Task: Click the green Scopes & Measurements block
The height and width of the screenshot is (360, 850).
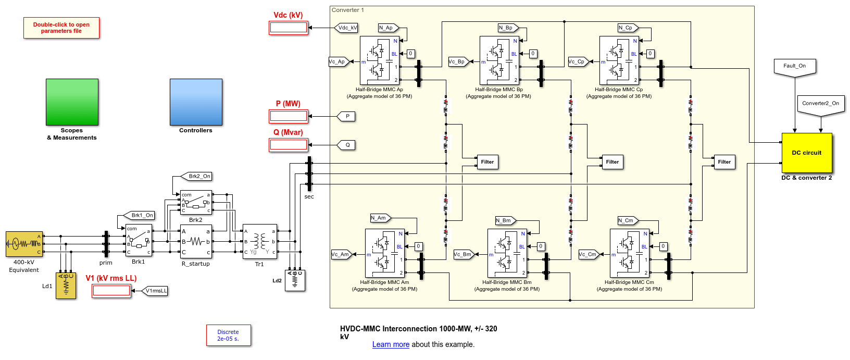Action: (72, 102)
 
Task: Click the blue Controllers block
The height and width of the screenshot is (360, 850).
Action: (196, 102)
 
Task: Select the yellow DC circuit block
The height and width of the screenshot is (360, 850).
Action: (806, 153)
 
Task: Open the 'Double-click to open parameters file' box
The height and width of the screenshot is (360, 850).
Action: (61, 28)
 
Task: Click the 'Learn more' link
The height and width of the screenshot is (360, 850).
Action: (391, 344)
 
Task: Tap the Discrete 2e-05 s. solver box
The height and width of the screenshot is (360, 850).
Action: (229, 335)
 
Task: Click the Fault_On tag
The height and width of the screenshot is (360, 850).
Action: (794, 67)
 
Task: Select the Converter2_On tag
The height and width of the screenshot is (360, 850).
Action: (820, 104)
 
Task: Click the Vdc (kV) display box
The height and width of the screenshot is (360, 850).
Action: (289, 28)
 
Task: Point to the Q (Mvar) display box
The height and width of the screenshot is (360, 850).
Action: (289, 145)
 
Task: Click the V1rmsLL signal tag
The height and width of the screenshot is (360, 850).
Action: (155, 291)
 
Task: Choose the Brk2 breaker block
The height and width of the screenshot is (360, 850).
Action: (196, 202)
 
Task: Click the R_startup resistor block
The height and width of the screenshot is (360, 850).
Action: (196, 241)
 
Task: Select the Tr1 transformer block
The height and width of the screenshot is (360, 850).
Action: (259, 241)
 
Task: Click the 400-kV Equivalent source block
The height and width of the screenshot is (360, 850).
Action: (24, 244)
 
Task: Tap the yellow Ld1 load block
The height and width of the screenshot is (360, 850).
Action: (66, 285)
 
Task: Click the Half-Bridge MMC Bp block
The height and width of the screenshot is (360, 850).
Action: (499, 60)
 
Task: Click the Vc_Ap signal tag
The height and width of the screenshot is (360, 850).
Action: (338, 61)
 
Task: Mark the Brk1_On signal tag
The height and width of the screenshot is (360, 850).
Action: (141, 215)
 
